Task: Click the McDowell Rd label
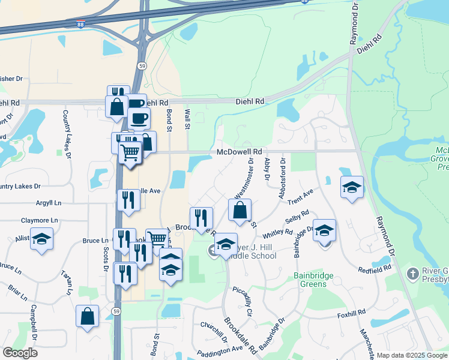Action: click(240, 152)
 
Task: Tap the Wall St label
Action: click(187, 119)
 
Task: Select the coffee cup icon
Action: click(139, 118)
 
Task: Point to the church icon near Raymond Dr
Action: click(412, 274)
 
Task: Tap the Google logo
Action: click(20, 352)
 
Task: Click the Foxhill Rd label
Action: click(351, 313)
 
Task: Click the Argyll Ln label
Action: click(49, 203)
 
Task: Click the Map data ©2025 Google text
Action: click(412, 355)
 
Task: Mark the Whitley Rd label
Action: click(277, 232)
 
